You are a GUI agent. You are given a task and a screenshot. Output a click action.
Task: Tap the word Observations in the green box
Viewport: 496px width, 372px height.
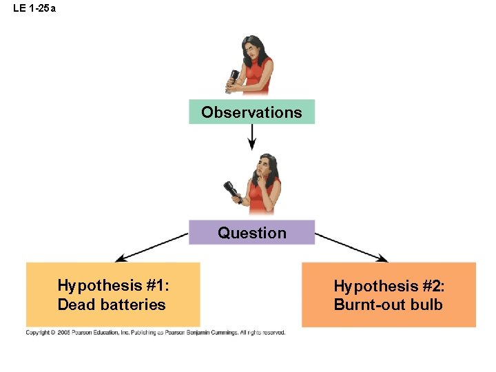coord(251,112)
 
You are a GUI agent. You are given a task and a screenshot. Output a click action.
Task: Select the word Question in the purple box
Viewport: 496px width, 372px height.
coord(251,233)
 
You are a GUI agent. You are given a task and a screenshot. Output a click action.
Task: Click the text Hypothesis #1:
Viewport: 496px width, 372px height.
coord(113,285)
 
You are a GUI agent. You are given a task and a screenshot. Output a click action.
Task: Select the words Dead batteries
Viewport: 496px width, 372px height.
coord(112,304)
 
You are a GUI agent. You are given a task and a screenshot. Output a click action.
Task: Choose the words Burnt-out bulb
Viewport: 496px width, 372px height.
coord(388,304)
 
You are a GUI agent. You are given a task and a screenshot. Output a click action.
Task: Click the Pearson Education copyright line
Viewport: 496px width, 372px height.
coord(155,332)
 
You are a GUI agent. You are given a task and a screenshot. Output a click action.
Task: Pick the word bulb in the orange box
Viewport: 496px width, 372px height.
coord(427,304)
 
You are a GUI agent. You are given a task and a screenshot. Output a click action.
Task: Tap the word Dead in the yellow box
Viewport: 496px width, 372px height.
coord(74,304)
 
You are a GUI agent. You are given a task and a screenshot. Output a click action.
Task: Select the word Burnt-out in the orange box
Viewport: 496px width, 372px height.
coord(370,304)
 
